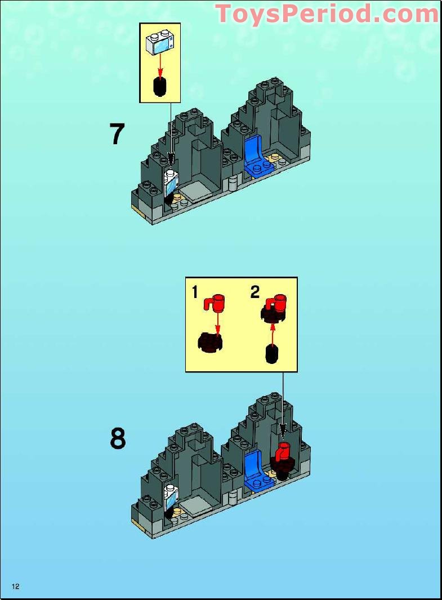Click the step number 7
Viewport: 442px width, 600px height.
point(117,134)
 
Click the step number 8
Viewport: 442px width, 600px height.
point(117,438)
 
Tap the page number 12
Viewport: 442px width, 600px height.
point(16,586)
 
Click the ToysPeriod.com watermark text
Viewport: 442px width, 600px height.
point(327,14)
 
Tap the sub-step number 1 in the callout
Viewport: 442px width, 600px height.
point(195,292)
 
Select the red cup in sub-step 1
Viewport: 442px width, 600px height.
point(215,303)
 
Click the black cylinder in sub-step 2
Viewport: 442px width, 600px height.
point(272,354)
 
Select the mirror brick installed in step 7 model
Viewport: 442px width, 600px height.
point(172,183)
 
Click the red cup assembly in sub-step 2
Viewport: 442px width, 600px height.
point(274,307)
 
